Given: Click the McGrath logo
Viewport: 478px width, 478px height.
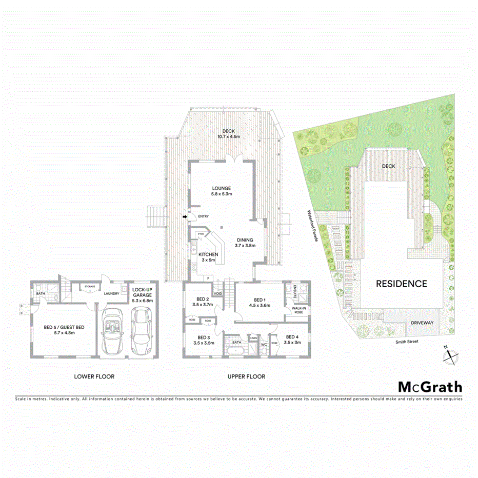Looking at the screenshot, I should pos(430,387).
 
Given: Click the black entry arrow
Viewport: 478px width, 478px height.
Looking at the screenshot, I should pos(185,217).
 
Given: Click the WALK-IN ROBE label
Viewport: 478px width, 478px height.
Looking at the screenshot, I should pos(298,310).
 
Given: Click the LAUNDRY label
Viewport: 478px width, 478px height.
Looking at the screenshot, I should pos(111,294).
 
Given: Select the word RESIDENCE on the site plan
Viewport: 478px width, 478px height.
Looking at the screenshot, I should pos(402,283).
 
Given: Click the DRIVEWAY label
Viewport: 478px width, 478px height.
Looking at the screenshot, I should pos(423,323).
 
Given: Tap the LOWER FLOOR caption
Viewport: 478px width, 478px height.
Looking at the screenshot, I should pos(94,376).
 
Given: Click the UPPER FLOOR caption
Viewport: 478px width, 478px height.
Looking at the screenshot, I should pos(246,376).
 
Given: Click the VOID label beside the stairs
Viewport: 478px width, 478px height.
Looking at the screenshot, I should pos(218,294).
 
